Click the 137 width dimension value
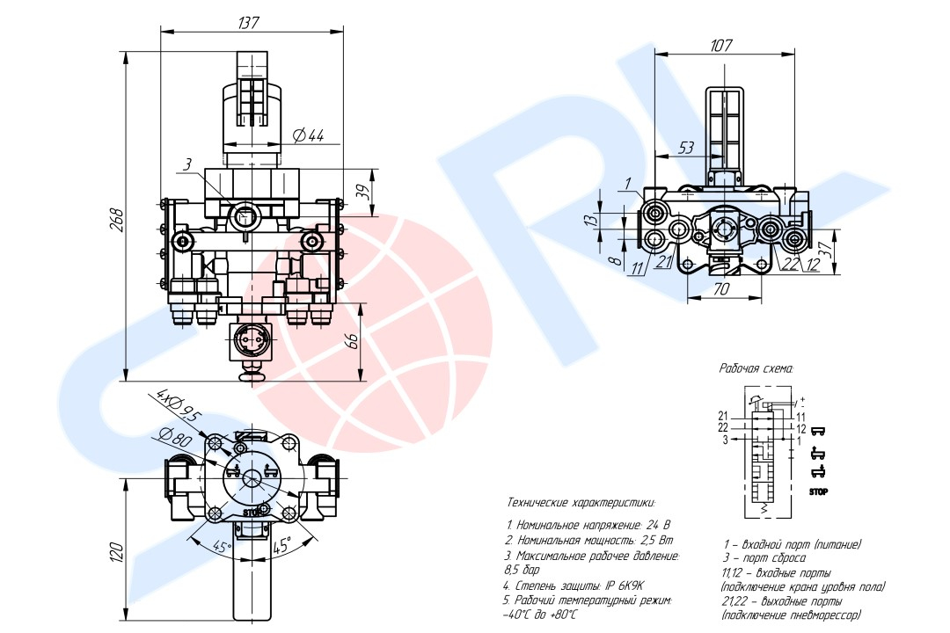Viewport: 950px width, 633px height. [x=248, y=22]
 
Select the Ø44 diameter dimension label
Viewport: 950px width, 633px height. [x=309, y=135]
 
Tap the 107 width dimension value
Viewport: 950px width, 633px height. [x=721, y=45]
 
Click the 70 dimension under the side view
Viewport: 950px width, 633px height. [x=721, y=287]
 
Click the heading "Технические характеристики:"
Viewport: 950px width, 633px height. [x=581, y=503]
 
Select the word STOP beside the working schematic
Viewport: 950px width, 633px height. [x=818, y=491]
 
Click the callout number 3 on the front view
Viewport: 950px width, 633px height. [x=187, y=164]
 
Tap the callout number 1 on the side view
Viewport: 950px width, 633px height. [x=629, y=183]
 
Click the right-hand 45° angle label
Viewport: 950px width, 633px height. [x=282, y=545]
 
